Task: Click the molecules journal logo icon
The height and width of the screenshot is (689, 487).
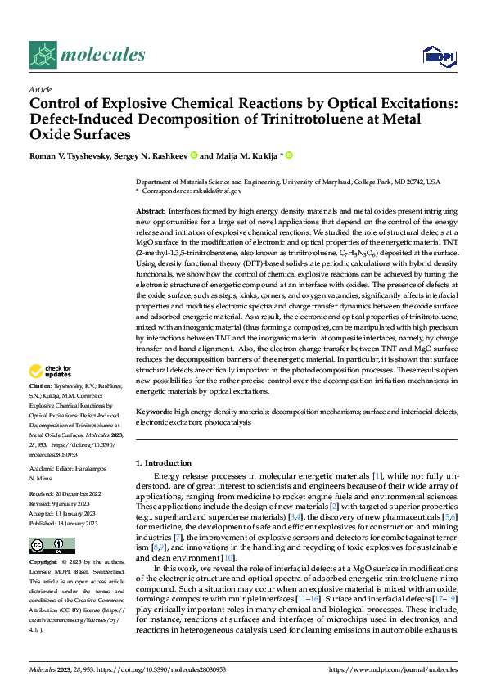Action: pos(43,55)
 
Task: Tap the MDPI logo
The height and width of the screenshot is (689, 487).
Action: pos(438,56)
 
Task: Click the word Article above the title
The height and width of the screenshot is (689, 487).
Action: pos(40,89)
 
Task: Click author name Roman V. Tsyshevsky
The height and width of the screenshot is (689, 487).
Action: pos(76,155)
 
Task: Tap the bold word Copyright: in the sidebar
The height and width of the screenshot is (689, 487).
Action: pos(45,563)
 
